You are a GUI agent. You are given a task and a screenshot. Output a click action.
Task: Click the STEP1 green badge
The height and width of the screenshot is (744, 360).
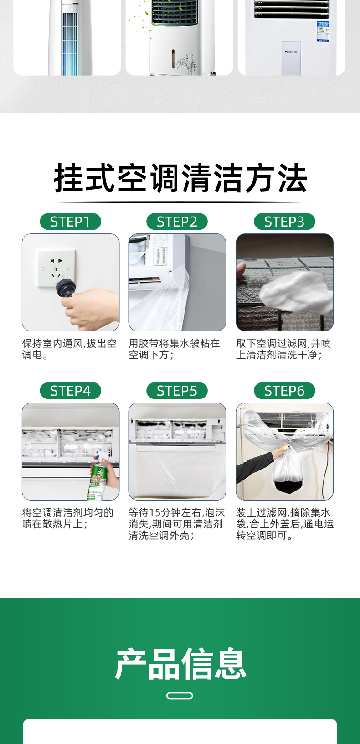71,222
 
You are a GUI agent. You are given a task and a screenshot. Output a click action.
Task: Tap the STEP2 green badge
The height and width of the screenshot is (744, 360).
177,222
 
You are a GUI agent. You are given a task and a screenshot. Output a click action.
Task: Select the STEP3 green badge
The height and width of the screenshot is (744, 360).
284,222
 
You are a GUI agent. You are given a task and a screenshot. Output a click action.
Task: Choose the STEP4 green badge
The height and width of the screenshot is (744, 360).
71,391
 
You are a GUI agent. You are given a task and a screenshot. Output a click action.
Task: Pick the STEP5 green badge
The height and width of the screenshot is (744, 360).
177,391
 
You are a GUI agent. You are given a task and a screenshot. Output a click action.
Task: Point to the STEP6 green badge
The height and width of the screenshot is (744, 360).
284,391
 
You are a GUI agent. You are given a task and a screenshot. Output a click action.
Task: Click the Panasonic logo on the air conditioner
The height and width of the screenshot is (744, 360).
291,52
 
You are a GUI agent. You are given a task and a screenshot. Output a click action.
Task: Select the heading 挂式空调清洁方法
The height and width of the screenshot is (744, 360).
180,178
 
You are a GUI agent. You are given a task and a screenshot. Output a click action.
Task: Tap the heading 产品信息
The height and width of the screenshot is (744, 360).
180,664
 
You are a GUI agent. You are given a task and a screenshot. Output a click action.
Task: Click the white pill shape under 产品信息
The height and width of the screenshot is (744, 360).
180,696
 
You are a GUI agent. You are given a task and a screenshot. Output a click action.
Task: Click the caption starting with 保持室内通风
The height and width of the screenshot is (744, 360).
69,349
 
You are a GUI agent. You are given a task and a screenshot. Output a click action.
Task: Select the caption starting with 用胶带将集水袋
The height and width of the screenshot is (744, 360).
175,349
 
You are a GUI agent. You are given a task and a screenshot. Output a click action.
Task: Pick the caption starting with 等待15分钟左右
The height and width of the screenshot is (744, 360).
177,524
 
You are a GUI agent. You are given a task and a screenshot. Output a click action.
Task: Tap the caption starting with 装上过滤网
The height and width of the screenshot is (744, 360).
285,524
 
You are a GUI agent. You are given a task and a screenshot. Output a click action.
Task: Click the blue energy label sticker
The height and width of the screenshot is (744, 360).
323,31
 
